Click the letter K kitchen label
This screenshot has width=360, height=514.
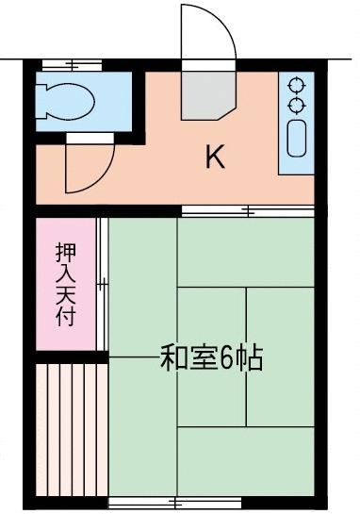coord(215,157)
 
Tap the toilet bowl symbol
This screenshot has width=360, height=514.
coord(66,101)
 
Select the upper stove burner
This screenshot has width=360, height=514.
coord(297,85)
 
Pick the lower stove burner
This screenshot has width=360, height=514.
coord(297,106)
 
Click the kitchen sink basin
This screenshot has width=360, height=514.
coord(297,138)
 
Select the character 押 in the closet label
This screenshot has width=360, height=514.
coord(66,253)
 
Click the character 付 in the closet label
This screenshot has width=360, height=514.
coord(66,316)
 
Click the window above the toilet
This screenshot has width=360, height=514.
coord(72,65)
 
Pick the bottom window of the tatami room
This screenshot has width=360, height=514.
coord(174,502)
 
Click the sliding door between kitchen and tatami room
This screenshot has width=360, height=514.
coord(248,210)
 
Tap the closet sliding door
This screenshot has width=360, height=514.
coord(102,284)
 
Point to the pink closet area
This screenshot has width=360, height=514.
coord(66,284)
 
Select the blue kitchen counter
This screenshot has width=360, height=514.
coord(297,123)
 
